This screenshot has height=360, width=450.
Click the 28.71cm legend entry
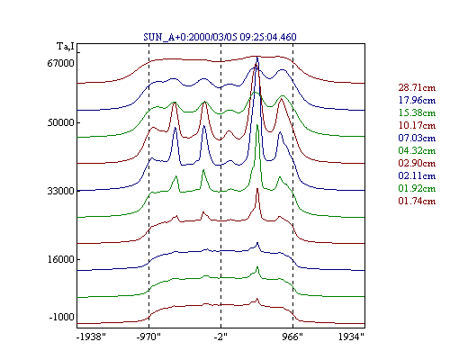click(x=417, y=87)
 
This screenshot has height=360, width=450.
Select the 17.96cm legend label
click(x=417, y=100)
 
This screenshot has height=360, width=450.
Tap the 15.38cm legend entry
click(x=417, y=112)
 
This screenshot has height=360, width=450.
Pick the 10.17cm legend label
click(x=417, y=125)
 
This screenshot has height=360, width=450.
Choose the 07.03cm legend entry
click(x=417, y=138)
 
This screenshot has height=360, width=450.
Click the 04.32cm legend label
click(x=417, y=150)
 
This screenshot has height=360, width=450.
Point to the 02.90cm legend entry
click(x=417, y=163)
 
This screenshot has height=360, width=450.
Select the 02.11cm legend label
click(x=417, y=175)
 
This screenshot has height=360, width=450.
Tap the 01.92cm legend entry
click(x=417, y=188)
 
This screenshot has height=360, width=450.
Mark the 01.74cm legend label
click(x=417, y=201)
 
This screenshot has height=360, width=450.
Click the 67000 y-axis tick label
click(x=60, y=63)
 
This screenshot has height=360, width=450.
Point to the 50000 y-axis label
click(x=60, y=122)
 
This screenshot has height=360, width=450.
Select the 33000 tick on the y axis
click(x=60, y=191)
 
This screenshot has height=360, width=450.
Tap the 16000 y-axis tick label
click(x=60, y=259)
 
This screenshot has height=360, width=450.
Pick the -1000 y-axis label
click(x=62, y=317)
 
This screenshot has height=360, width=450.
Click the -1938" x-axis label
click(x=91, y=337)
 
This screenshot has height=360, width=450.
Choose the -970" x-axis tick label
click(x=148, y=337)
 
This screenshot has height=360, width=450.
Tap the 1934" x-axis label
click(x=351, y=337)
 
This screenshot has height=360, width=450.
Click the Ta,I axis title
click(x=66, y=47)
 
